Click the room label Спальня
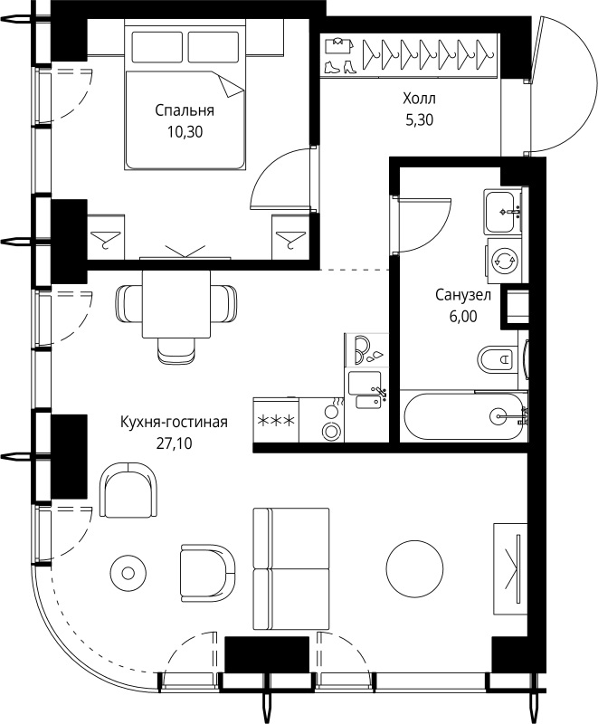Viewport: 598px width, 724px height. pos(184,111)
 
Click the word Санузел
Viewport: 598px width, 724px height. pos(462,296)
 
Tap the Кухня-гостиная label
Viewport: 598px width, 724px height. pos(174,423)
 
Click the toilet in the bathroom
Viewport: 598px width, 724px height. pos(498,361)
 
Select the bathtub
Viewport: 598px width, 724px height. pos(463,417)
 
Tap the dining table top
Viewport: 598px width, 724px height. pos(176,303)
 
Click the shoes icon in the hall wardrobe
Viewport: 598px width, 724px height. pos(335,66)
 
